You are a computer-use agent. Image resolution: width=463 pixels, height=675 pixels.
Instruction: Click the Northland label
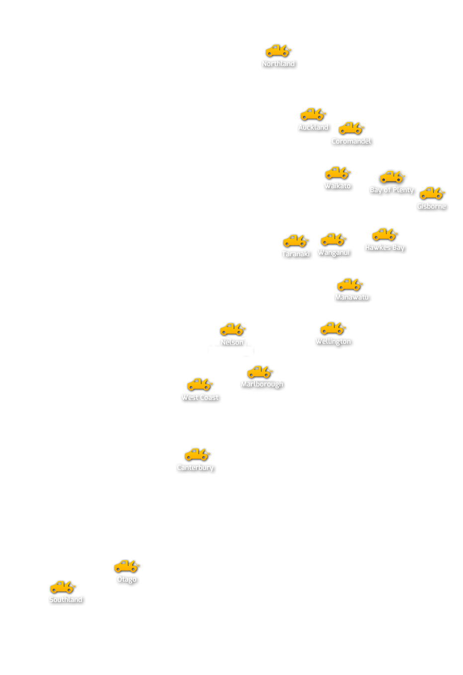coord(279,64)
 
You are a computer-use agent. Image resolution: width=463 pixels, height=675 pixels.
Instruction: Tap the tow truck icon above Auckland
coord(313,115)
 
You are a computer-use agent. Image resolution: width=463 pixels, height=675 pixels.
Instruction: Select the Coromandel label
coord(351,142)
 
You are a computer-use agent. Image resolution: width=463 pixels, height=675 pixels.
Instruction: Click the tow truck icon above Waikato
coord(338,173)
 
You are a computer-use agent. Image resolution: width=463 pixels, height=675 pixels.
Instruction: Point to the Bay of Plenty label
coord(391,190)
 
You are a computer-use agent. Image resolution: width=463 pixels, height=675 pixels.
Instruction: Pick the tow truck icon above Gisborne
coord(432,193)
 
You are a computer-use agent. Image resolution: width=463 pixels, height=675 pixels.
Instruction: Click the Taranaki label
coord(296,254)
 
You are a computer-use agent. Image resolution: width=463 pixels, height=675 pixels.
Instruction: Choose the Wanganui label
coord(334,253)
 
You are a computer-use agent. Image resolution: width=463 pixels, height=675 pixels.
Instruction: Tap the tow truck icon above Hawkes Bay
coord(385,234)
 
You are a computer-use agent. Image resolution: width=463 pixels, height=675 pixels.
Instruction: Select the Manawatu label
coord(352,298)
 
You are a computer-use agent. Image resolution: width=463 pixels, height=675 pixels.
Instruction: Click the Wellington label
coord(333,342)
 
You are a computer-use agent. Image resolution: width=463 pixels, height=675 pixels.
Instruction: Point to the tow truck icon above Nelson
coord(232,329)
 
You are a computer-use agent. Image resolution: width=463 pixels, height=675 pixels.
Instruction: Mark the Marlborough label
coord(262,384)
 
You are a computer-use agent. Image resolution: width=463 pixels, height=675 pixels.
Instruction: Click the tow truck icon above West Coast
coord(200,384)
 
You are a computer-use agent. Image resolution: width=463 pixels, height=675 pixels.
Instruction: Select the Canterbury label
coord(195,468)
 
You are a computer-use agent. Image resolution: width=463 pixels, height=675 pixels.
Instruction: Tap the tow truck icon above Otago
coord(127,566)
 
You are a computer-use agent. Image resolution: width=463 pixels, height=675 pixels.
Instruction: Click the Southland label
coord(66,600)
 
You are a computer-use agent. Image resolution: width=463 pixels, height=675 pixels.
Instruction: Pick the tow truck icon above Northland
coord(278,51)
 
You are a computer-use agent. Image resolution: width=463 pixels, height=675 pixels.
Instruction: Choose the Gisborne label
coord(432,207)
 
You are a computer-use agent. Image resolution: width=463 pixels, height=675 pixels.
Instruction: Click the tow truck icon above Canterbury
coord(197,454)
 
